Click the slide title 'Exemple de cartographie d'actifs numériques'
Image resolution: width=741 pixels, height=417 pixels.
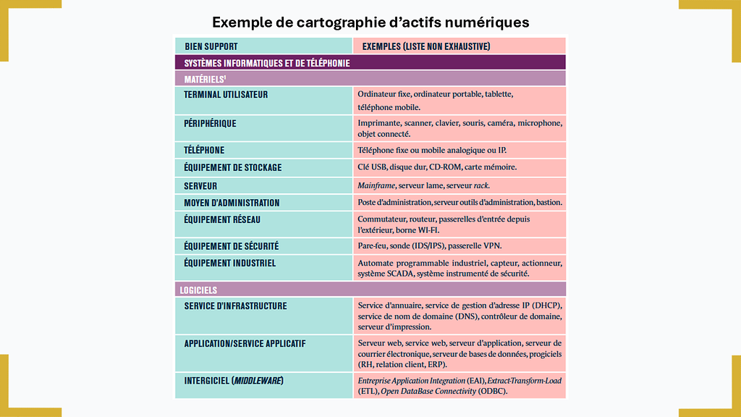(370, 22)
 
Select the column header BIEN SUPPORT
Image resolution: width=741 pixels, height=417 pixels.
(211, 46)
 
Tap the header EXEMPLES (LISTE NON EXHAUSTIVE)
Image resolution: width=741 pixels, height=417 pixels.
(425, 46)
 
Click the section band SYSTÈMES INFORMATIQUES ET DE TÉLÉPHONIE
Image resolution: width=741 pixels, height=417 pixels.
(267, 63)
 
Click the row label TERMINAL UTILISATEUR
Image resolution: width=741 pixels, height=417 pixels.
(226, 95)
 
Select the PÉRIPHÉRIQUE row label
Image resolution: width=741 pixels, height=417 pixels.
(211, 124)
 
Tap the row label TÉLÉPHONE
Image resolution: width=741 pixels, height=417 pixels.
(204, 151)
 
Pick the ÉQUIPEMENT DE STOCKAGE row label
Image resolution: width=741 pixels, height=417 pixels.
(233, 168)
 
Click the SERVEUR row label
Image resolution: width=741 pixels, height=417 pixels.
(200, 186)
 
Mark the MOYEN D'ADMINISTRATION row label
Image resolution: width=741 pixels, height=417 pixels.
(232, 203)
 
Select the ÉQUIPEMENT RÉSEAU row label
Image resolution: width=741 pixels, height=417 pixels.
(222, 220)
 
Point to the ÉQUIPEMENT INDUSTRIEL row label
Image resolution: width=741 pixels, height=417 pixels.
(229, 264)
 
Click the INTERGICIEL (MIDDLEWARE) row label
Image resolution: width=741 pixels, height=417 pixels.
(233, 381)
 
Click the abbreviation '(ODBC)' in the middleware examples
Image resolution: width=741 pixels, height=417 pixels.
(492, 392)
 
